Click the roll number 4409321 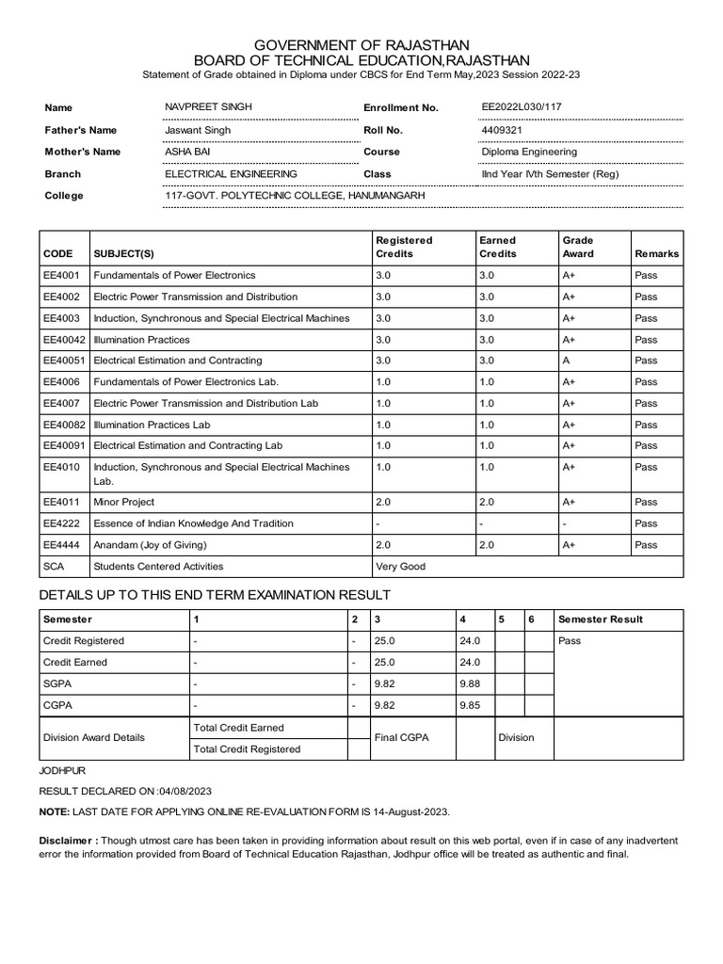coord(501,130)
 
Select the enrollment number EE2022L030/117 coord(525,107)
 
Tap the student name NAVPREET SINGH coord(208,107)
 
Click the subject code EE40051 coord(64,361)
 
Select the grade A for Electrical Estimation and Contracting coord(566,361)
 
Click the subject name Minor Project coord(123,502)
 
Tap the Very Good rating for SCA coord(400,567)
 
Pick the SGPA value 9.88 coord(469,683)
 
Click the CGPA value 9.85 coord(469,704)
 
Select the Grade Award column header coord(577,247)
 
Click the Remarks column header coord(656,254)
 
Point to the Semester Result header coord(601,619)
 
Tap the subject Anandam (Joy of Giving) coord(149,545)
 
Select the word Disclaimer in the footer coord(66,841)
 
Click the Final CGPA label coord(401,737)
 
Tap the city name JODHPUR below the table coord(61,770)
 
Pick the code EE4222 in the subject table coord(61,523)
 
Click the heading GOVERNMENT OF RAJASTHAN coord(361,45)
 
